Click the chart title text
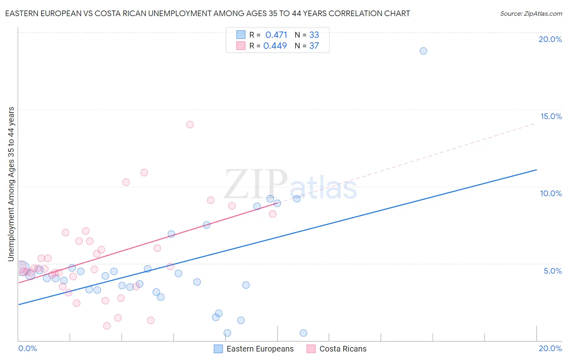[207, 13]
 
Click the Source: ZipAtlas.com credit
[531, 13]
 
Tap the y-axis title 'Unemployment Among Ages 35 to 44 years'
[11, 184]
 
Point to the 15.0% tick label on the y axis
[551, 116]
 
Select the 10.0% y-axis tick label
[551, 193]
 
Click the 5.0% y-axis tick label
[552, 271]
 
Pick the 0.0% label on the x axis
[27, 348]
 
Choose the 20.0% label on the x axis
[550, 348]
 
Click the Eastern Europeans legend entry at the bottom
[260, 349]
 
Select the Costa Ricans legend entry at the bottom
[343, 349]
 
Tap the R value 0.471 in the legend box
[276, 35]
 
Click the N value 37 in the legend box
[314, 46]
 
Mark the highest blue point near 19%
[423, 51]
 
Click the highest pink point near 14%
[190, 124]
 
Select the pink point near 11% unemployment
[144, 172]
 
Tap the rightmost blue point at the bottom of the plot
[303, 333]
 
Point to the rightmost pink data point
[273, 214]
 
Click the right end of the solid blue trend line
[536, 170]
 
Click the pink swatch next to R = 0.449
[241, 46]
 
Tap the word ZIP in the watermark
[256, 185]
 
